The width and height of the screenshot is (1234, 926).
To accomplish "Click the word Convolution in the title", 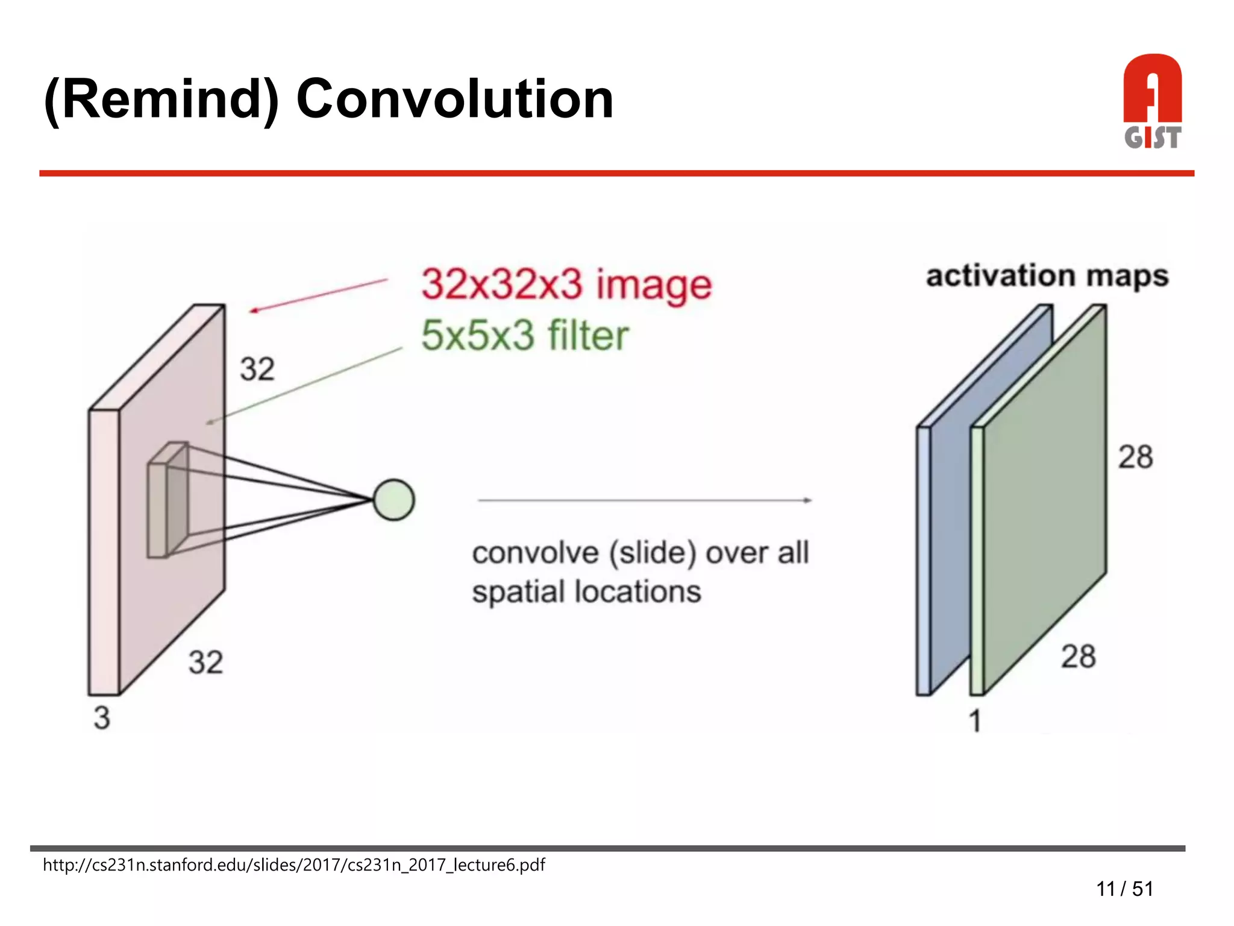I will tap(455, 99).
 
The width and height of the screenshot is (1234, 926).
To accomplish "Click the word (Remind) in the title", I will tap(161, 99).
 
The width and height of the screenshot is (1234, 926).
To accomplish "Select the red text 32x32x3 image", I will tap(566, 285).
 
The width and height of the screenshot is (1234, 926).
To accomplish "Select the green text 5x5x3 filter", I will tap(524, 335).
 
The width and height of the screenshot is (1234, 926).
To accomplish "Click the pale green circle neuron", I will tap(393, 500).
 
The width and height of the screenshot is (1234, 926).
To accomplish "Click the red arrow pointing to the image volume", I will tap(319, 295).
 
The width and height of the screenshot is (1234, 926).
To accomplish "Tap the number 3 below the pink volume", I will tap(102, 718).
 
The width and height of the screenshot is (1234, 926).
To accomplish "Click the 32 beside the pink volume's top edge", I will tap(257, 369).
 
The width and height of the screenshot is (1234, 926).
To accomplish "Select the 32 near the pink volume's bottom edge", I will tap(205, 662).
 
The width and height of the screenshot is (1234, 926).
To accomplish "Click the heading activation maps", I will tap(1047, 276).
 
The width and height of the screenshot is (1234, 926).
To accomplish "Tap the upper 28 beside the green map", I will tap(1135, 457).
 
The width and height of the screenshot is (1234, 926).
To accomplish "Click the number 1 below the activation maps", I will tap(975, 721).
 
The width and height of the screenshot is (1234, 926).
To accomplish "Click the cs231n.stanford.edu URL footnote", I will tap(293, 865).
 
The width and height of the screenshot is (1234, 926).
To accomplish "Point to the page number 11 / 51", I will tap(1124, 889).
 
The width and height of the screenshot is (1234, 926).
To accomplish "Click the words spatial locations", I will tap(586, 592).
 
